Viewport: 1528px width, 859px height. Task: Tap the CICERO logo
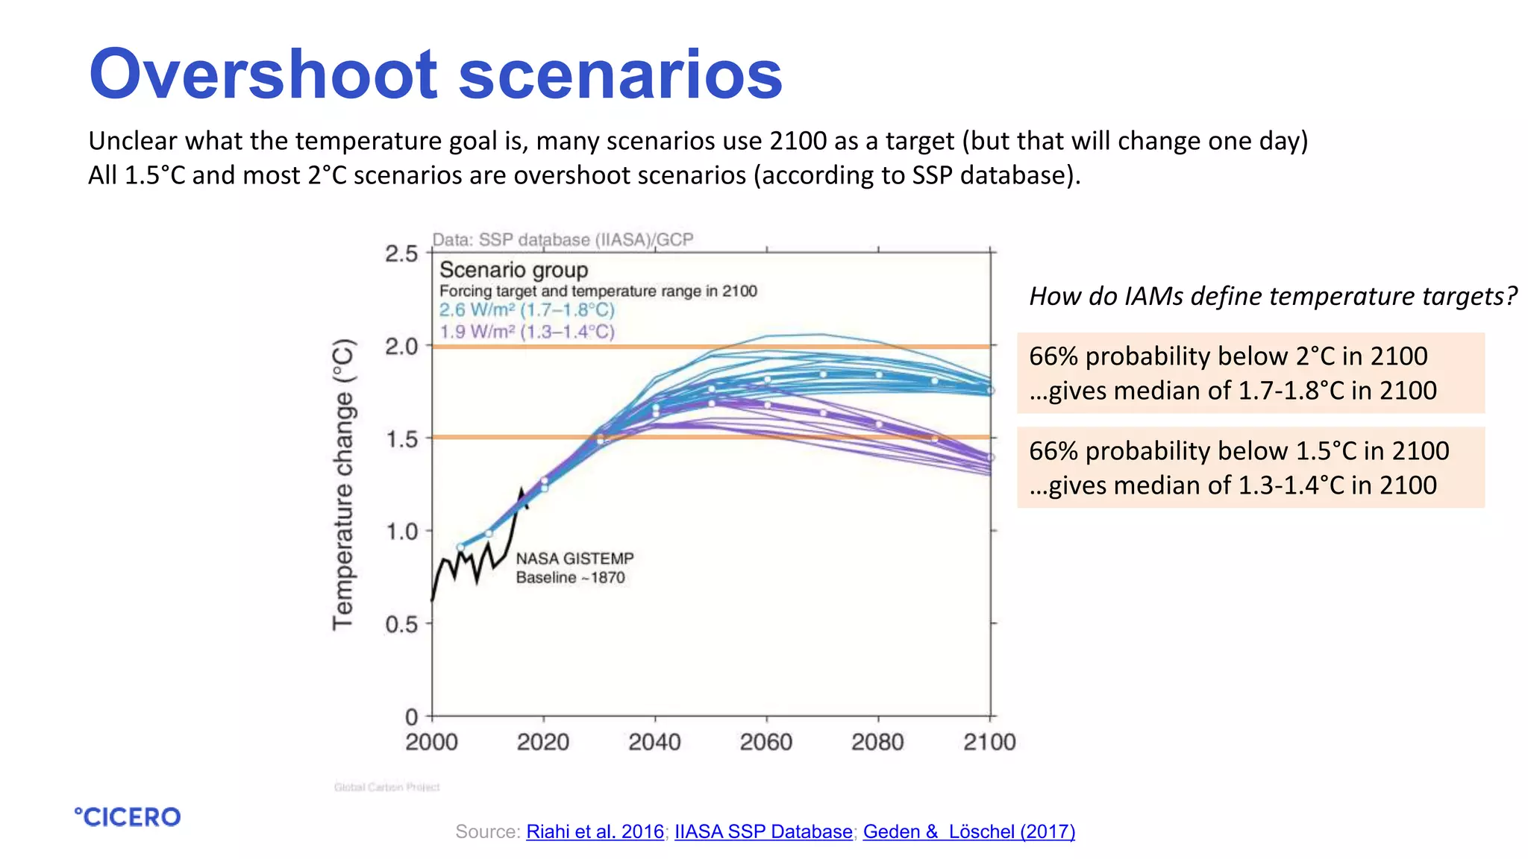tap(128, 817)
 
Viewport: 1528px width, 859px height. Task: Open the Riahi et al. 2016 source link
tap(595, 831)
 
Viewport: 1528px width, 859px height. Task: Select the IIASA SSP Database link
tap(763, 831)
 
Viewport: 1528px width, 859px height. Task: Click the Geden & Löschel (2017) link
tap(968, 831)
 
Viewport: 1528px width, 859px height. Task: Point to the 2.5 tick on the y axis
tap(401, 254)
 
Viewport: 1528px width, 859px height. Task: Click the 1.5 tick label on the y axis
tap(401, 439)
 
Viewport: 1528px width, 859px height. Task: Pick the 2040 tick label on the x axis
tap(654, 742)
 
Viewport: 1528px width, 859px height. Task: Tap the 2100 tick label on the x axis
tap(989, 742)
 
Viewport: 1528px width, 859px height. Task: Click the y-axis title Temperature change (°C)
tap(343, 485)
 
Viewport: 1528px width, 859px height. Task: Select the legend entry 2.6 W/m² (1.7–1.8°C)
tap(527, 310)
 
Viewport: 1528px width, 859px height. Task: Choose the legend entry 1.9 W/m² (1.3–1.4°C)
tap(527, 332)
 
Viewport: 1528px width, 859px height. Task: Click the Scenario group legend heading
tap(513, 270)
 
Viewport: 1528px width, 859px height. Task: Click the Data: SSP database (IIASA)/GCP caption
tap(563, 240)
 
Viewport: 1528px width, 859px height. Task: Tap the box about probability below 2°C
tap(1250, 373)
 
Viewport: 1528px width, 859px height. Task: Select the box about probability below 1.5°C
tap(1250, 468)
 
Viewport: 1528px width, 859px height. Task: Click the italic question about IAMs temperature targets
tap(1273, 297)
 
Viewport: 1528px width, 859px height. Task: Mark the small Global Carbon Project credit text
tap(386, 787)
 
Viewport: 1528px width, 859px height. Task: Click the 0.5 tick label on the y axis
tap(401, 624)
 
